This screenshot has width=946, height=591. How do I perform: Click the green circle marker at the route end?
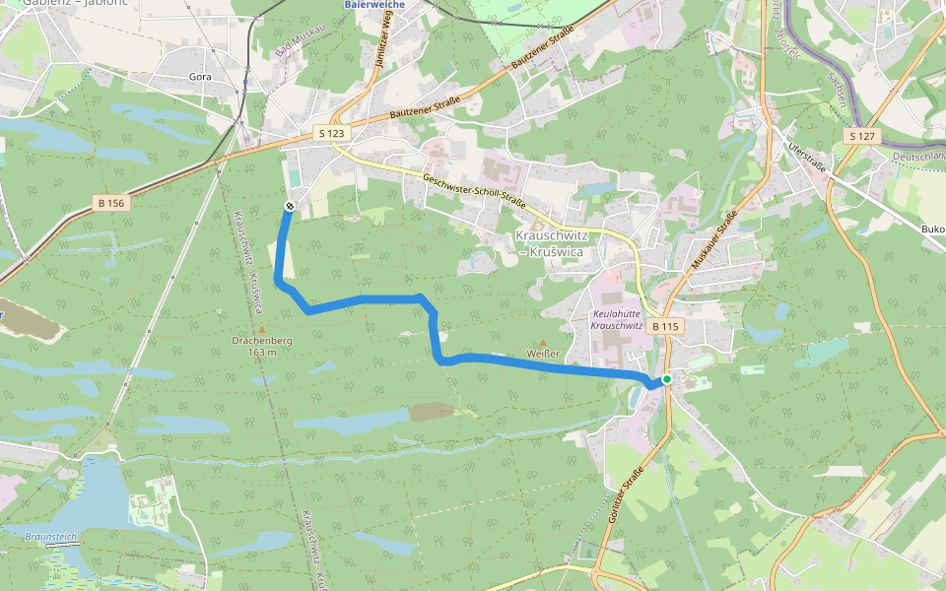click(x=667, y=379)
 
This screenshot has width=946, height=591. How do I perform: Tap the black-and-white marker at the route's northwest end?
click(x=290, y=206)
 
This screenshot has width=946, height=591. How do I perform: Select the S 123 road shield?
click(x=332, y=132)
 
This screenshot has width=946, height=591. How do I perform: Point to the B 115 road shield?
click(x=665, y=326)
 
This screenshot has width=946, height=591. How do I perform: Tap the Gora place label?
click(x=201, y=75)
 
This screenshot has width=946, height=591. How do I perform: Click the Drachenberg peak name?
click(x=261, y=341)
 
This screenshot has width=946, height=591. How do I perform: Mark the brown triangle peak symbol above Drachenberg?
click(x=261, y=329)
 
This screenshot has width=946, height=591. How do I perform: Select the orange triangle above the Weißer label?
click(x=542, y=343)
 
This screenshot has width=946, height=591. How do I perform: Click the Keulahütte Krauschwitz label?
click(x=616, y=318)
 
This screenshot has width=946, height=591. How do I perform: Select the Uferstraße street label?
click(x=807, y=158)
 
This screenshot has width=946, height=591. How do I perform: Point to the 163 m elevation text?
click(x=261, y=352)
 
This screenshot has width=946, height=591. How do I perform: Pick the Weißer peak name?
click(x=543, y=354)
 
